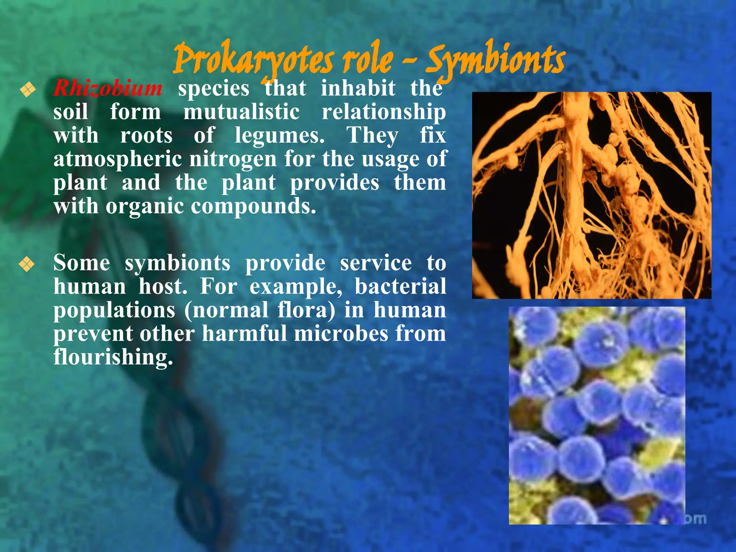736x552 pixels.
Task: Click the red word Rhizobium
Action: pyautogui.click(x=108, y=88)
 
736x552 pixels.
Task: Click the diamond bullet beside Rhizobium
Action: pyautogui.click(x=28, y=89)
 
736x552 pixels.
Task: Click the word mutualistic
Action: pyautogui.click(x=241, y=112)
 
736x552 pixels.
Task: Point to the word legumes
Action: pyautogui.click(x=280, y=136)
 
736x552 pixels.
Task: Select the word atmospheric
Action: pyautogui.click(x=118, y=159)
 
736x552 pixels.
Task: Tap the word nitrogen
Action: pyautogui.click(x=233, y=159)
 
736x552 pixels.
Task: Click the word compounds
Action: pyautogui.click(x=253, y=206)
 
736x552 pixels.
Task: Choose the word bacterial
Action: pyautogui.click(x=400, y=287)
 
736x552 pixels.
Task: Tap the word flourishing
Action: pyautogui.click(x=113, y=358)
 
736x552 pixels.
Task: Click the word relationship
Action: pyautogui.click(x=383, y=112)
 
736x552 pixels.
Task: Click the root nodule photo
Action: pyautogui.click(x=592, y=195)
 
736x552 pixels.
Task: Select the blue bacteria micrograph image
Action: pyautogui.click(x=597, y=415)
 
